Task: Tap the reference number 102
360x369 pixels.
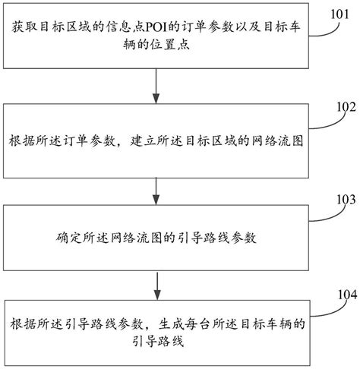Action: click(x=338, y=107)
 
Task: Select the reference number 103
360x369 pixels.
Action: click(x=338, y=202)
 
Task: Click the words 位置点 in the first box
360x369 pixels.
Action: click(x=82, y=46)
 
